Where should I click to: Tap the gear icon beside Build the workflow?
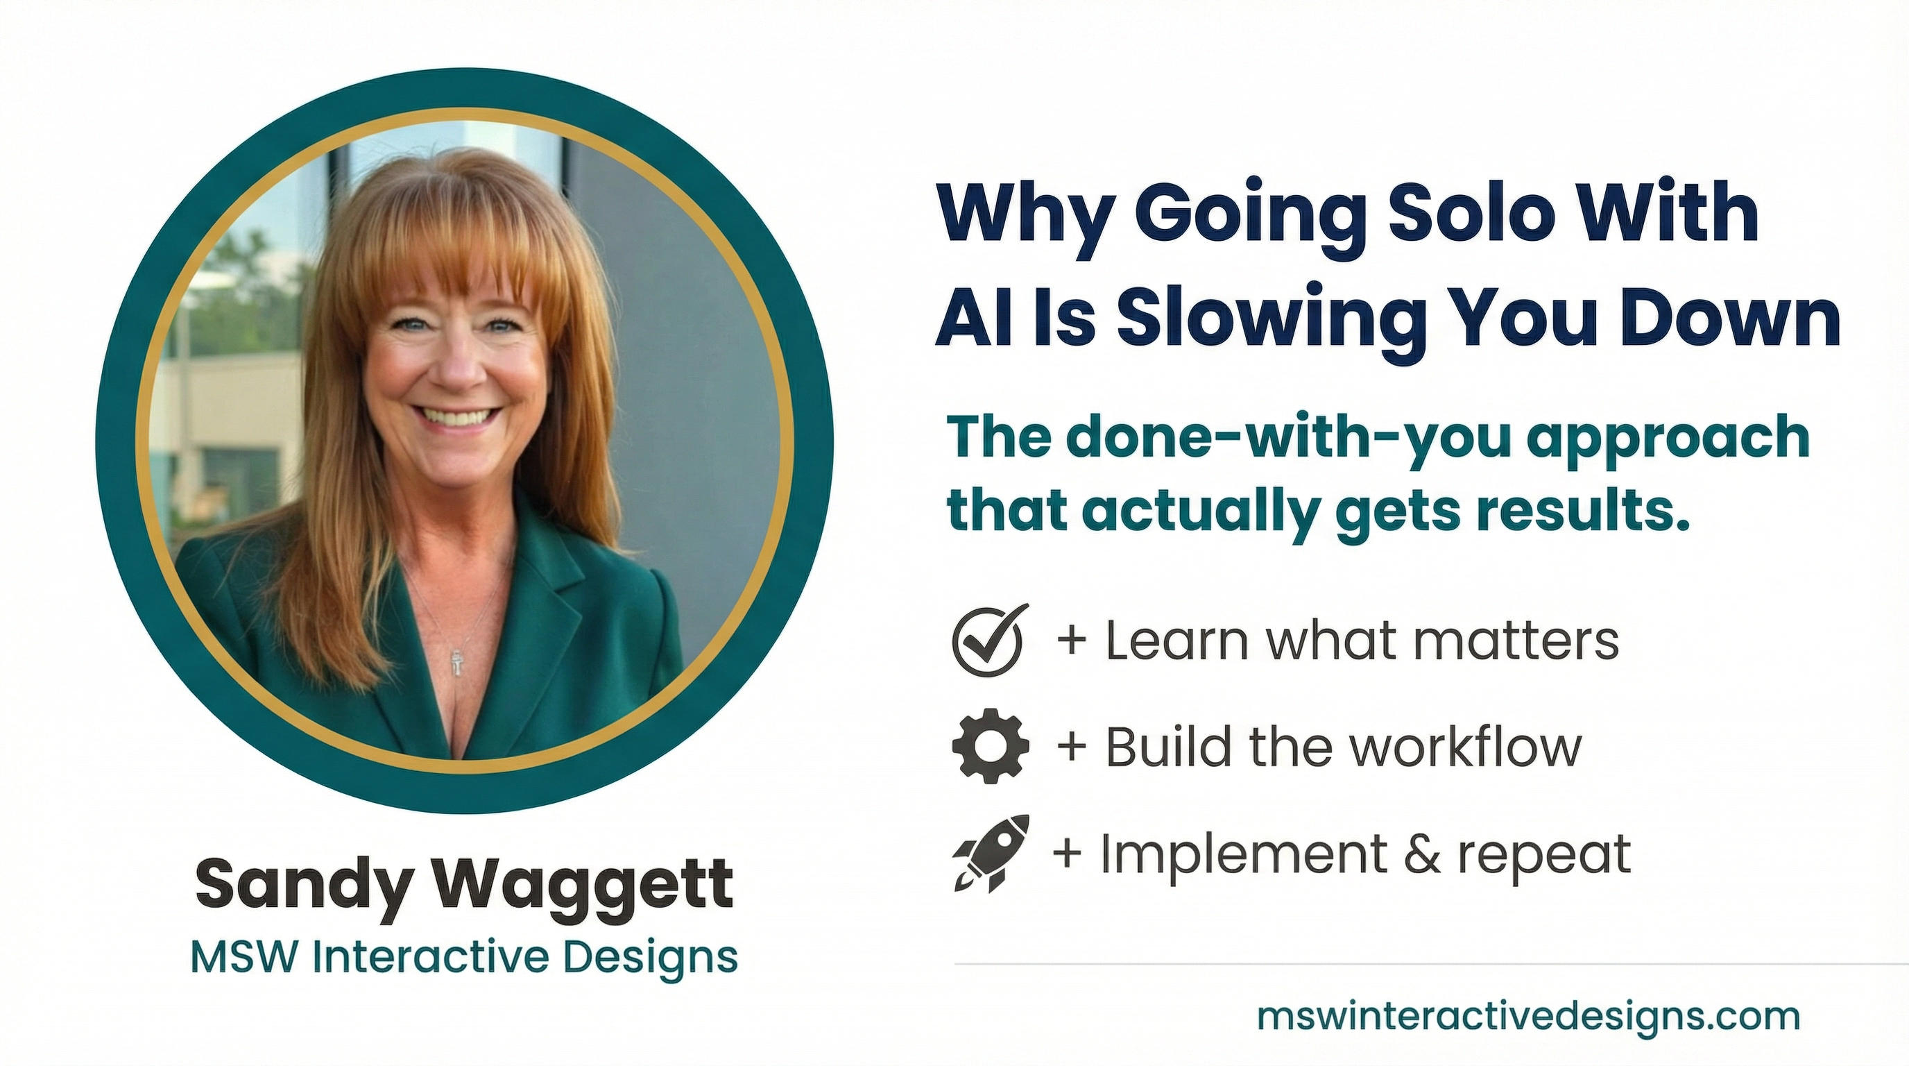990,746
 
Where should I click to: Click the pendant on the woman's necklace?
457,663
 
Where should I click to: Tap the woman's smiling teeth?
459,416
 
